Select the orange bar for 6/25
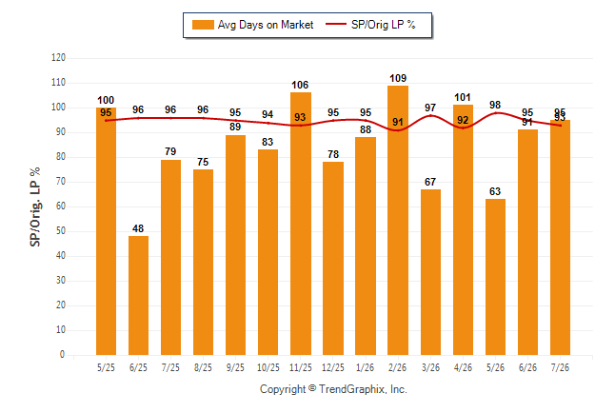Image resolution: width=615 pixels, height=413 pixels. point(138,295)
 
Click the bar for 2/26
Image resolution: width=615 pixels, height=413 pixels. point(398,221)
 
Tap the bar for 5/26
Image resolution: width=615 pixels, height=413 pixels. point(495,277)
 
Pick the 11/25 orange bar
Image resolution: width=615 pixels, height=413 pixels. point(301,224)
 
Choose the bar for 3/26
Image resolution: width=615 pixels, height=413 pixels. point(430,272)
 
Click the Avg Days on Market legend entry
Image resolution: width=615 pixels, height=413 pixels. point(252,25)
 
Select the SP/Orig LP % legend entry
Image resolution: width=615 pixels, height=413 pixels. point(370,25)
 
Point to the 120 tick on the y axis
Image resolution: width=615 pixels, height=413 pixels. point(58,58)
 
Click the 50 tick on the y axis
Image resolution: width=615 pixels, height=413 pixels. point(60,231)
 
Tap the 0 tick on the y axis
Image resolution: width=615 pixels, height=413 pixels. point(63,355)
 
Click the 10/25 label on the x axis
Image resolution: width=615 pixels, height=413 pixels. point(268,367)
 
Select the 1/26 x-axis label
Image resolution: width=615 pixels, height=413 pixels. point(366,367)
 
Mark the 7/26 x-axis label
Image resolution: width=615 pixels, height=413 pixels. point(560,367)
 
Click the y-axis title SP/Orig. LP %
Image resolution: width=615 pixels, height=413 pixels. point(35,206)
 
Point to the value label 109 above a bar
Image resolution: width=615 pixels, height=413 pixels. point(398,78)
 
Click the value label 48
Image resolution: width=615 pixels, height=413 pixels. point(138,228)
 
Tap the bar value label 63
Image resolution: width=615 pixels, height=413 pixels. point(495,191)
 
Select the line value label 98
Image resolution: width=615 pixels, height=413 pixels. point(495,105)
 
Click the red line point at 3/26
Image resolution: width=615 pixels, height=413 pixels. point(430,116)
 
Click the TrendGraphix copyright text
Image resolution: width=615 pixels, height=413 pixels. point(333,389)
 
